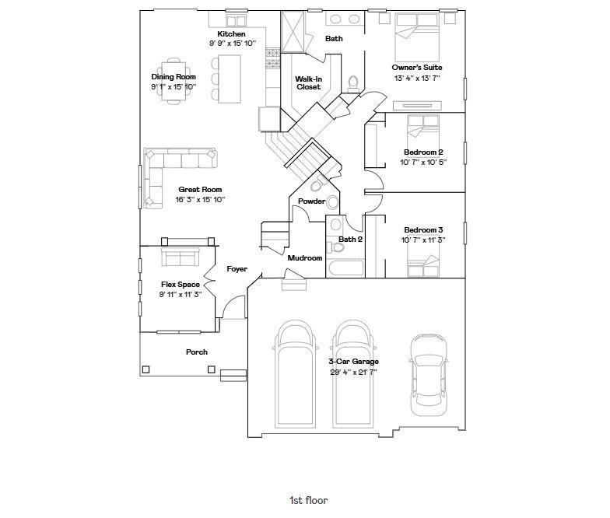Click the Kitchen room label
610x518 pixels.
(231, 34)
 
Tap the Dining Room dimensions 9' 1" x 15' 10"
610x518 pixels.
(174, 87)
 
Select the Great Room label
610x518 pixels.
(200, 190)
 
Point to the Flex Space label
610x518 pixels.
(181, 285)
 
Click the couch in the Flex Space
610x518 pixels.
(181, 256)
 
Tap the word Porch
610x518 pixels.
(196, 352)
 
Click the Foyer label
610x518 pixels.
(237, 269)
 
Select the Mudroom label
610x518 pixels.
(305, 258)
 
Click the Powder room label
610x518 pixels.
(311, 201)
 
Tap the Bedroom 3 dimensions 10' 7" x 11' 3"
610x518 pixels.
(423, 240)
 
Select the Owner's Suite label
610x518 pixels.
(417, 67)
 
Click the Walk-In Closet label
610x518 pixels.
(308, 82)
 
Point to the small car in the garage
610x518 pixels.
(428, 375)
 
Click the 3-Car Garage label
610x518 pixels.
(353, 361)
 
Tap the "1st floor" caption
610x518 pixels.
(308, 500)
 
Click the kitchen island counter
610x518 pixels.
(229, 79)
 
